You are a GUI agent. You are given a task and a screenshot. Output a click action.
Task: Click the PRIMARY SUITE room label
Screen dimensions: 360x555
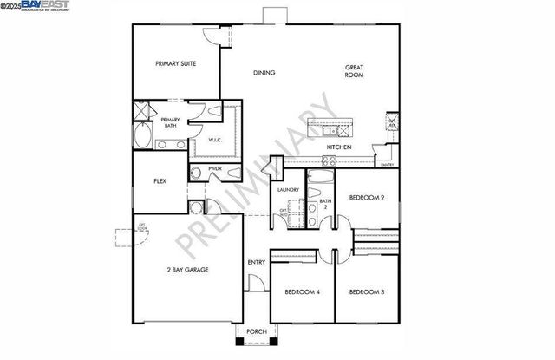(x=175, y=63)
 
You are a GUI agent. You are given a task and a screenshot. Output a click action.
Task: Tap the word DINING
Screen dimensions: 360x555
(x=264, y=73)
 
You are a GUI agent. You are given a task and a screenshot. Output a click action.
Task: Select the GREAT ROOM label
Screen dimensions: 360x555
(x=354, y=71)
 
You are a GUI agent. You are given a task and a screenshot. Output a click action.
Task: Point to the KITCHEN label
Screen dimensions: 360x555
(x=338, y=147)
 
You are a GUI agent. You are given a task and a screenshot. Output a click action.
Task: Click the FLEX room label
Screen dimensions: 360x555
(x=160, y=181)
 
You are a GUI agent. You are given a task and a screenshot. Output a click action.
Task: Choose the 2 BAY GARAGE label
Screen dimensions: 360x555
(x=187, y=270)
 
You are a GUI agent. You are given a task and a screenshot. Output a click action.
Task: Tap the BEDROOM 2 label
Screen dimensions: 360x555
(x=366, y=198)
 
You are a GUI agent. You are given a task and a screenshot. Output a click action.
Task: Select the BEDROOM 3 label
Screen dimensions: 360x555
(x=366, y=292)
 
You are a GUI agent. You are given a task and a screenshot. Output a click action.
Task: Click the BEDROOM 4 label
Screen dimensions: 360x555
(x=303, y=292)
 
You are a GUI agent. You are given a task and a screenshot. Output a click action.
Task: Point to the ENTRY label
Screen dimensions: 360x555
(x=256, y=263)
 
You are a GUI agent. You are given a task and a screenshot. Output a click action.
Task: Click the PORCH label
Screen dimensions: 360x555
(x=256, y=331)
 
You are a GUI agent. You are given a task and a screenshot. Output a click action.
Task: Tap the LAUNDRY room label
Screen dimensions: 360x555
(x=288, y=190)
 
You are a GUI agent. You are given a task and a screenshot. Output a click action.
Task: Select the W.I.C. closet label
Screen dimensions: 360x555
(x=216, y=140)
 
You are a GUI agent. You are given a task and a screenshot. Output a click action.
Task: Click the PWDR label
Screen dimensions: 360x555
(x=214, y=168)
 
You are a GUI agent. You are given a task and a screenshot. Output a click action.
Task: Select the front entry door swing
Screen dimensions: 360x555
(x=253, y=284)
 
